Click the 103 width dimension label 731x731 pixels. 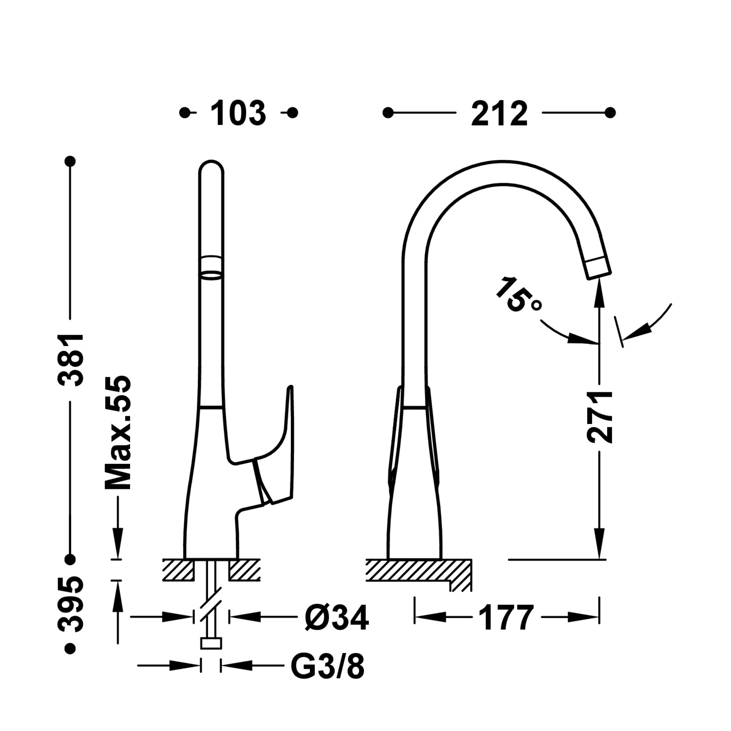(238, 113)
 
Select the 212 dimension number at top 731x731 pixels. (500, 113)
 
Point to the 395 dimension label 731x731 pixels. (71, 605)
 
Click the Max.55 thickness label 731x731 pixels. (117, 433)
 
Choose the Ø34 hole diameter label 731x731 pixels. (337, 618)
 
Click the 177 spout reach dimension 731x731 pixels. (507, 618)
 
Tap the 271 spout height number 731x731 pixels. (599, 417)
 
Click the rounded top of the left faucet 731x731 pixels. (212, 168)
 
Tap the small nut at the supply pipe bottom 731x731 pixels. (211, 644)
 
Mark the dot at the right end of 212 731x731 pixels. (610, 113)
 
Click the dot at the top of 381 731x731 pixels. (71, 161)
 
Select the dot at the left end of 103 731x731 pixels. (184, 113)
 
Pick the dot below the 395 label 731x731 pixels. (71, 648)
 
